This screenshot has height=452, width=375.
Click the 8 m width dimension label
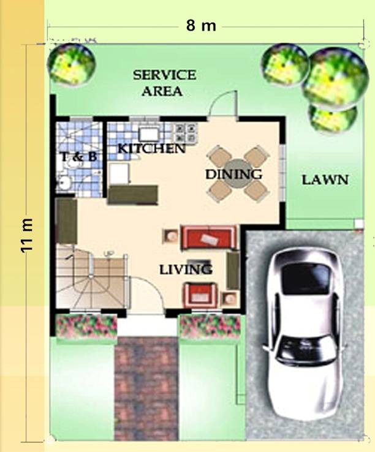point(201,26)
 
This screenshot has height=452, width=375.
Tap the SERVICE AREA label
point(164,83)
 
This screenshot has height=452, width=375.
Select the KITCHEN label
point(152,148)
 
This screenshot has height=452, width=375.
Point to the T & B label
point(78,157)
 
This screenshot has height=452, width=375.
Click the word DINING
point(233,174)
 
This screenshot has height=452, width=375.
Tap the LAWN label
point(325,180)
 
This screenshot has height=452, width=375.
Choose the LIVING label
point(186,269)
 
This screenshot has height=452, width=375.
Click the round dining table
point(238,174)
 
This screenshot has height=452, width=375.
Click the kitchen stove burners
point(186,133)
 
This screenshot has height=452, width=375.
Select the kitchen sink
point(149,134)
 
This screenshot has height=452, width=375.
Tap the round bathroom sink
point(64,183)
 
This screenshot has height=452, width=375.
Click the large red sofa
point(210,238)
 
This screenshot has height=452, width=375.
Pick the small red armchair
point(200,295)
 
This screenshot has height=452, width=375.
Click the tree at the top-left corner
point(71,65)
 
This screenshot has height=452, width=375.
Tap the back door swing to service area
point(224,103)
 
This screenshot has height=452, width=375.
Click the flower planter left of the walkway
point(86,326)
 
